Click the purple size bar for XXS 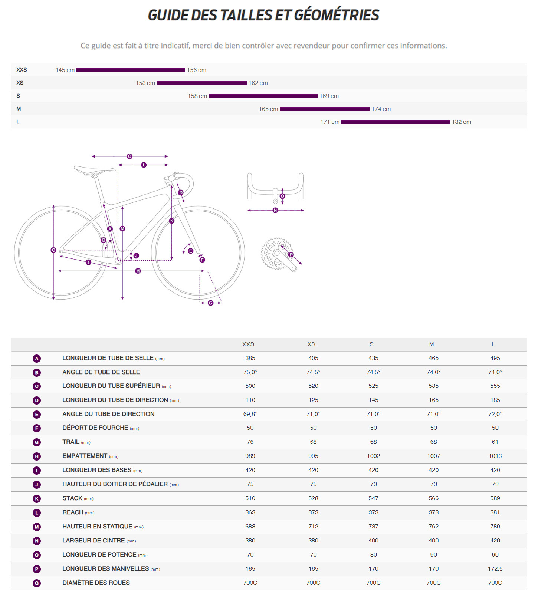[x=131, y=70]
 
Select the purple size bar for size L [x=396, y=122]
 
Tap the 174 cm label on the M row [x=381, y=109]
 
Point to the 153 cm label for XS [x=145, y=83]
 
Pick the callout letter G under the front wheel [x=211, y=303]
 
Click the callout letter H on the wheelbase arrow [x=138, y=271]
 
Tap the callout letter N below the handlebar [x=275, y=210]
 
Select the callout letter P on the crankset [x=291, y=255]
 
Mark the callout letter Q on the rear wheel [x=53, y=250]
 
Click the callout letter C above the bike [x=129, y=156]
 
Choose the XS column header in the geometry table [x=311, y=344]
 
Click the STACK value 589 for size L [x=495, y=498]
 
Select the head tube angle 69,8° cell [x=250, y=414]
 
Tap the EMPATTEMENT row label [x=85, y=456]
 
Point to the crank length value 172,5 [x=495, y=569]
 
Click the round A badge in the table [x=37, y=359]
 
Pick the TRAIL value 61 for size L [x=495, y=442]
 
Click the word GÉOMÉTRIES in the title [x=337, y=15]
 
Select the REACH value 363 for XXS [x=250, y=512]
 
